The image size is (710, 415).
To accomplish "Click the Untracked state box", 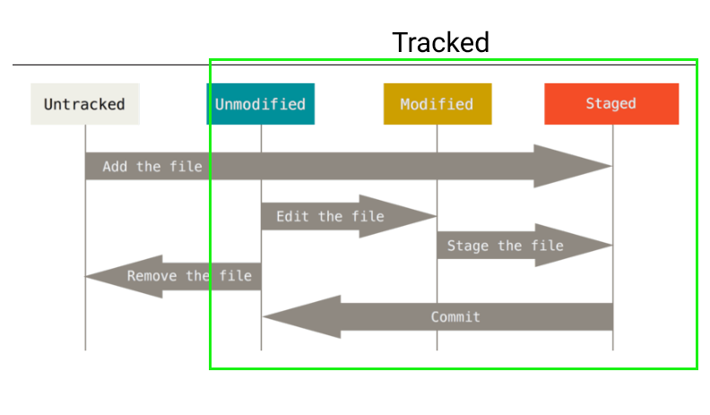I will click(x=85, y=104).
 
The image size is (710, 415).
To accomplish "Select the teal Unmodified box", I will click(x=260, y=104).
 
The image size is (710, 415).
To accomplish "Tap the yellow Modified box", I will click(x=437, y=104).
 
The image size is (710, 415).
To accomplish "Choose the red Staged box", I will click(x=611, y=104).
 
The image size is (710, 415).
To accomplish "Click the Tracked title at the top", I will click(x=440, y=42).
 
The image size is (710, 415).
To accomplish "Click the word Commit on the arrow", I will click(x=455, y=316).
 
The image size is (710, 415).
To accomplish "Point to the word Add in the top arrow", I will click(x=114, y=167).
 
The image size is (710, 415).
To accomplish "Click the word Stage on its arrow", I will click(x=468, y=246).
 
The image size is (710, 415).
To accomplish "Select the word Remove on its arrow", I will click(x=152, y=276).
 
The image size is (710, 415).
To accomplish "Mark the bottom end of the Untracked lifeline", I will click(x=85, y=350).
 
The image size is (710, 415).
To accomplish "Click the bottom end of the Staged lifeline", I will click(x=613, y=350).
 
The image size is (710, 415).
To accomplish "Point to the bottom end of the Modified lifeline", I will click(x=437, y=350).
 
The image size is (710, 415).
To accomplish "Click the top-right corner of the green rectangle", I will click(x=697, y=61).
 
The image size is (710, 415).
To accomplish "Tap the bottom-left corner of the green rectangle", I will click(x=211, y=367).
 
